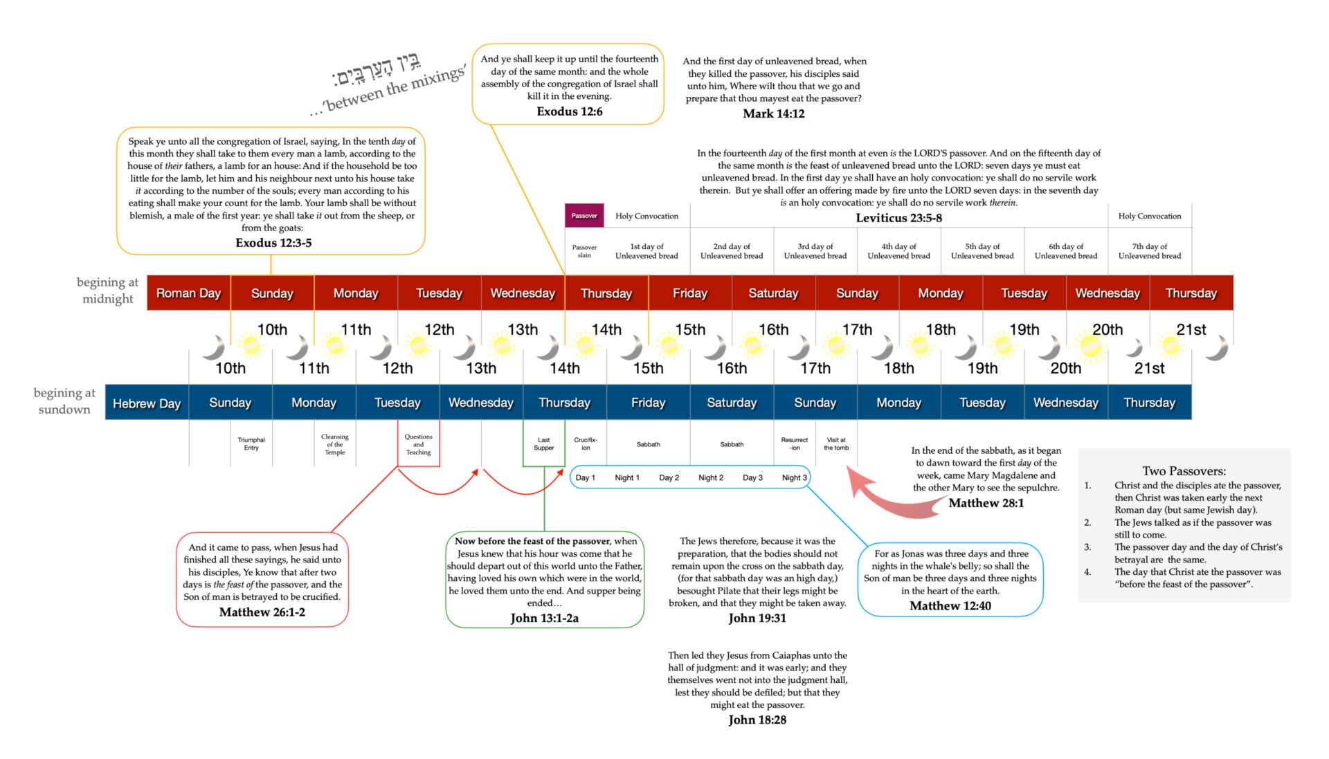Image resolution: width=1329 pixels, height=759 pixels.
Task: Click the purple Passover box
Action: (584, 216)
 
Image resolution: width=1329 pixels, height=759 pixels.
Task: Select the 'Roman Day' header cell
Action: (188, 293)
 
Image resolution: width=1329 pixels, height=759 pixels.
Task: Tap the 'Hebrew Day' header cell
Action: (147, 403)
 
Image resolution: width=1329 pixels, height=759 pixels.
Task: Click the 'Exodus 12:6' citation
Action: (569, 111)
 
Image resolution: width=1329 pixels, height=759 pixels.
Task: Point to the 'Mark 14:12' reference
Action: (773, 113)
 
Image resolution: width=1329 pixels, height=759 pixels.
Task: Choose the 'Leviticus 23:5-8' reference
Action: (898, 218)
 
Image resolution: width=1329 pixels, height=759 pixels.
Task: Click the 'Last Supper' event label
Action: (543, 444)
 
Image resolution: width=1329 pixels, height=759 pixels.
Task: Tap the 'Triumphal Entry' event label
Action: (251, 444)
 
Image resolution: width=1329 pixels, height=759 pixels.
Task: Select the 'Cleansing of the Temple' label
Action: (335, 444)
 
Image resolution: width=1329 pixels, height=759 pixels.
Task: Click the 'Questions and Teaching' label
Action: (418, 444)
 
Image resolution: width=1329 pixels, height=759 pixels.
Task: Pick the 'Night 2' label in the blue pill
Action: (711, 478)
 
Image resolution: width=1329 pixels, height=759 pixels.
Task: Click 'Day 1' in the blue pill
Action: (585, 478)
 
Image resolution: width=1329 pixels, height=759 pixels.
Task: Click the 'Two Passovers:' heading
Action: (1184, 471)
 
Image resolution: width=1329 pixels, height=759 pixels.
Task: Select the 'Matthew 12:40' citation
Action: (950, 606)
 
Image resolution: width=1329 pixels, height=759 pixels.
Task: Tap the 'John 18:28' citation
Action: (757, 720)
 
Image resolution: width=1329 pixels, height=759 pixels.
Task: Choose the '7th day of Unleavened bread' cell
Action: (1150, 251)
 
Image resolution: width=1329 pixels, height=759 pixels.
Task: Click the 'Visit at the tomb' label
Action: (836, 444)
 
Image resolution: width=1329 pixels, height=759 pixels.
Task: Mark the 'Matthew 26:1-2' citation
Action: (262, 612)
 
